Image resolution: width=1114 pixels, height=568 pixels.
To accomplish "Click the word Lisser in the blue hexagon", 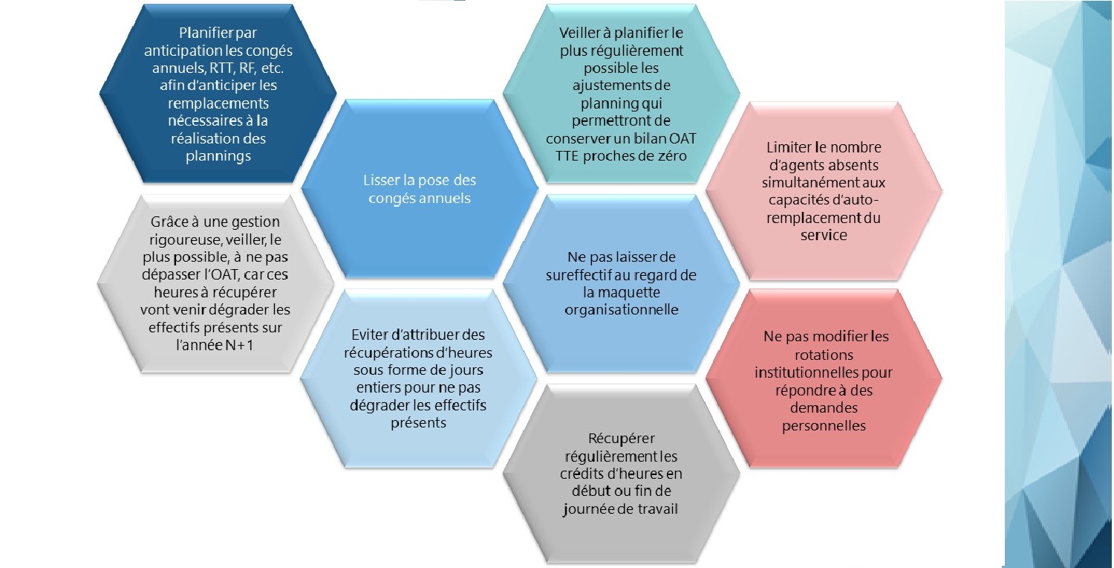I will point(381,181).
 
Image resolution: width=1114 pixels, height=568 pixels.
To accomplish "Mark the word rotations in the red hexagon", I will point(823,355).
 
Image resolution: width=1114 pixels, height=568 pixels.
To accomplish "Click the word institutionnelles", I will point(807,372).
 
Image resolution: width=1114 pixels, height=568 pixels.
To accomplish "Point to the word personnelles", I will point(824,426).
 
